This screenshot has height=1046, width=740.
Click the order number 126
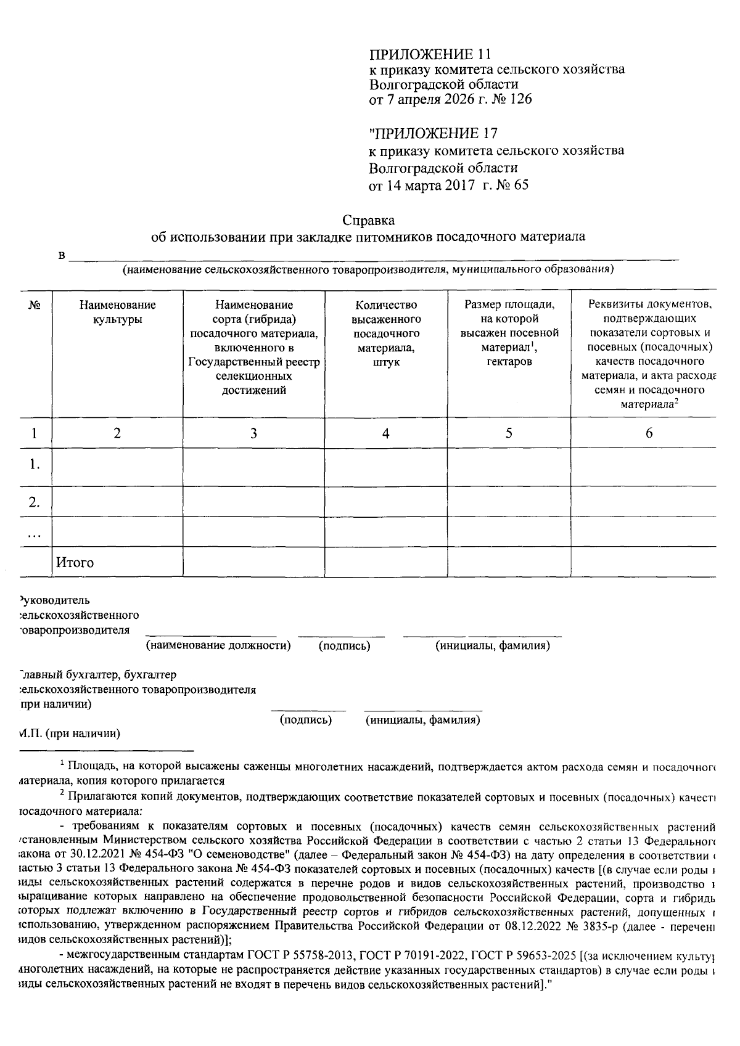click(520, 99)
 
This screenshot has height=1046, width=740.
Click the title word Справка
click(368, 220)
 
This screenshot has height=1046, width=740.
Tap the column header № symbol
click(35, 305)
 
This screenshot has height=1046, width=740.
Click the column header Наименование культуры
click(117, 312)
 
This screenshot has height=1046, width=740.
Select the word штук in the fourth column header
click(386, 362)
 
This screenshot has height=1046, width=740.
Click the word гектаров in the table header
click(509, 362)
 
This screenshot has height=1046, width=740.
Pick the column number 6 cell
click(649, 433)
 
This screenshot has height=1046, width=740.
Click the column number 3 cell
click(253, 433)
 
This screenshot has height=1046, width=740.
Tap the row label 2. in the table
click(35, 502)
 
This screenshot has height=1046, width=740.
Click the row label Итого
click(75, 562)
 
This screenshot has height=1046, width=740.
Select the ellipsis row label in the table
click(35, 534)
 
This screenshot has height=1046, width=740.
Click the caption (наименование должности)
click(218, 645)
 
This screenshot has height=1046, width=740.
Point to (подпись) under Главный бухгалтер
click(306, 719)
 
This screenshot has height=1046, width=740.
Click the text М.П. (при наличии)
click(69, 733)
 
